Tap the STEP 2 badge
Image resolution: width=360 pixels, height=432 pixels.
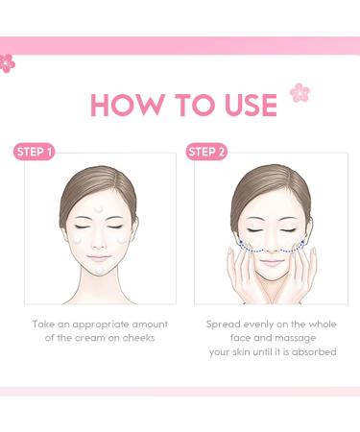point(207,151)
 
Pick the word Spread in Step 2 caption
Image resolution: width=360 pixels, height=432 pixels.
point(224,324)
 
